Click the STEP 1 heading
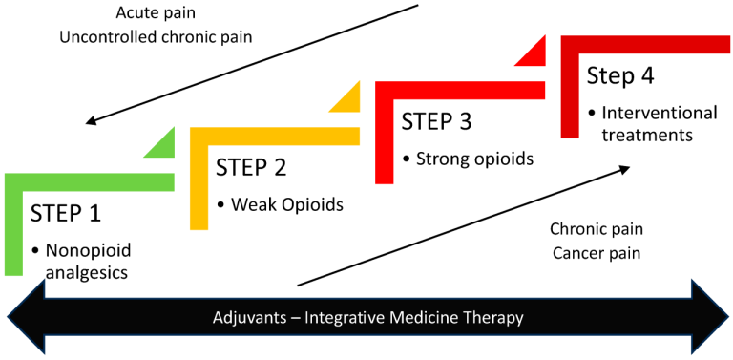66,212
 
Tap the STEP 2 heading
251,167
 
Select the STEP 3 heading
436,121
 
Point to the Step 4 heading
620,75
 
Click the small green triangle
163,145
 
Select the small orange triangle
349,98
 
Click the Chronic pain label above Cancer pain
596,229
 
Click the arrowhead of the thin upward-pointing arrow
625,167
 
